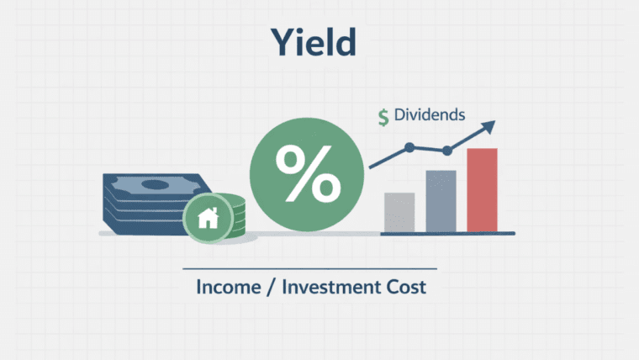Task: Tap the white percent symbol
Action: [x=309, y=174]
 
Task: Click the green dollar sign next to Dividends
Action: [x=383, y=118]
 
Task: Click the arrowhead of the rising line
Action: [x=488, y=128]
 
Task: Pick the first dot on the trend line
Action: [x=409, y=147]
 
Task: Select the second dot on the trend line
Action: [x=447, y=151]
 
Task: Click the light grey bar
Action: [x=399, y=212]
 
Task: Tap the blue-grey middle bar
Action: [x=441, y=201]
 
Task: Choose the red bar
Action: [x=483, y=190]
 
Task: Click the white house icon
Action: [x=206, y=219]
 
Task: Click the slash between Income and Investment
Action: [x=273, y=287]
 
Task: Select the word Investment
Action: [x=333, y=287]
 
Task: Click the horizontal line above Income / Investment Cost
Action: [x=310, y=268]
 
